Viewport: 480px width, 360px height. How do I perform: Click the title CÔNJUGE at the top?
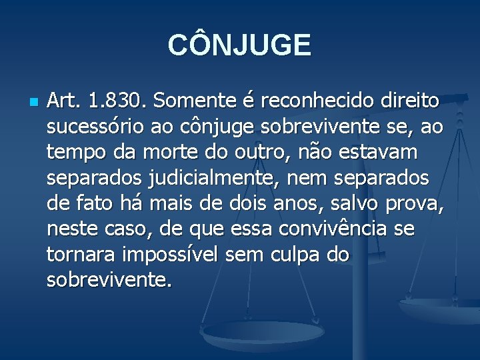[239, 45]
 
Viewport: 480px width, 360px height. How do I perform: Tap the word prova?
[417, 204]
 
